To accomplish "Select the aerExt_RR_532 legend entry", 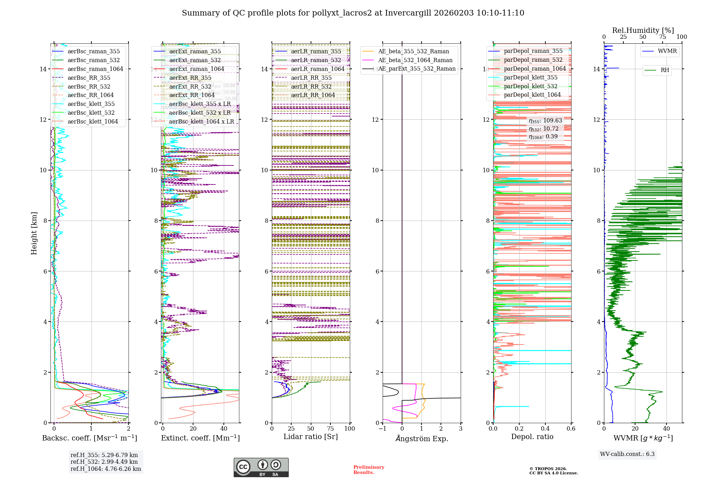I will [x=190, y=86].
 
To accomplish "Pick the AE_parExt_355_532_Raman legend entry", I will [x=417, y=69].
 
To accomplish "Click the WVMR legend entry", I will [x=667, y=51].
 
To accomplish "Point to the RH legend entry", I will [x=665, y=70].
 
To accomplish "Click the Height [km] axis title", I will [x=34, y=233].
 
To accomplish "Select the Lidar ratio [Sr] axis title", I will [x=311, y=437].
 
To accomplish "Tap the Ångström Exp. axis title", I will [x=421, y=439].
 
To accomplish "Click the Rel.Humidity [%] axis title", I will [x=643, y=30].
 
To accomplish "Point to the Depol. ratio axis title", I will [x=532, y=437].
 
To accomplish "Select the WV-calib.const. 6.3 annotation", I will [x=627, y=454].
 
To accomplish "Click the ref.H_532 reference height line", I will [x=104, y=462].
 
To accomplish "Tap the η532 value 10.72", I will [x=551, y=129].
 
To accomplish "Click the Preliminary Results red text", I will [x=369, y=470].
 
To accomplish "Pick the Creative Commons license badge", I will [x=261, y=468].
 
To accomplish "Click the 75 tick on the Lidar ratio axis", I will [x=330, y=429].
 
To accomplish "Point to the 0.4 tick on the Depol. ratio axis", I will [x=545, y=429].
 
